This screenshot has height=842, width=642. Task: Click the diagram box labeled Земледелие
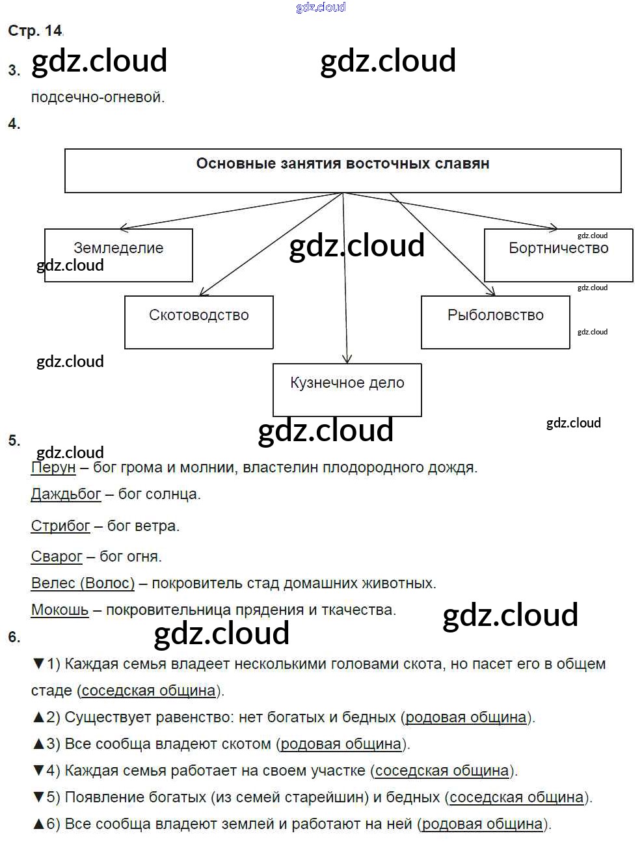tap(118, 254)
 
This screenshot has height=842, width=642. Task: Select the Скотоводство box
tap(198, 322)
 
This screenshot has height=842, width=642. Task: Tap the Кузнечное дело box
tap(347, 389)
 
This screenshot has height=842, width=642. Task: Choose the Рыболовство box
tap(495, 322)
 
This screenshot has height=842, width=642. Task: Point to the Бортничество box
tap(558, 254)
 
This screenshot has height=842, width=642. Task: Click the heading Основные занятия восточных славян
tap(343, 164)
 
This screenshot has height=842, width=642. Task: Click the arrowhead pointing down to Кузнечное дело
tap(347, 359)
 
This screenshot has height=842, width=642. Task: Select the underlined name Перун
tap(53, 467)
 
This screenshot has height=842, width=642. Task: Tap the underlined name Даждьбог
tap(66, 494)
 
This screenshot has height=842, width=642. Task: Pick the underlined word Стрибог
tap(60, 526)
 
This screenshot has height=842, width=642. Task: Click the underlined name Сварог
tap(57, 556)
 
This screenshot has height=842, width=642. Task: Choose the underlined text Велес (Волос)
tap(83, 583)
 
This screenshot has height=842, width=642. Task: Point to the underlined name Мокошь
tap(60, 610)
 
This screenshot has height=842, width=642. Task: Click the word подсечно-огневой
tap(98, 98)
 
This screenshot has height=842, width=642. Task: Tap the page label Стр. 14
tap(35, 31)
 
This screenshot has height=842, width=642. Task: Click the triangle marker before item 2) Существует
tap(38, 717)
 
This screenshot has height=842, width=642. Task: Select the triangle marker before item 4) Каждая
tap(38, 770)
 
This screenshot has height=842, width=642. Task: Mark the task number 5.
tap(14, 441)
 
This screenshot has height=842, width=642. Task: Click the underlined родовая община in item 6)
tap(482, 824)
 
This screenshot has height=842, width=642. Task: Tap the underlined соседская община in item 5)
tap(516, 797)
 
